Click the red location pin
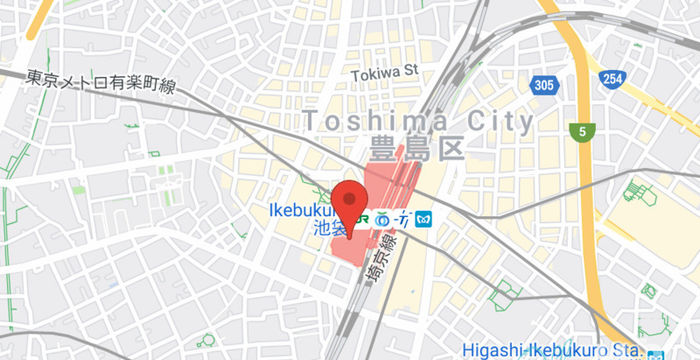[349, 204]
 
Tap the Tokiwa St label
[384, 72]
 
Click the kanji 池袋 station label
[331, 229]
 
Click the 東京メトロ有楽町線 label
[101, 81]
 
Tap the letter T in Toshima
[312, 122]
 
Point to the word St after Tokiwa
[408, 72]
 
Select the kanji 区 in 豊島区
[450, 151]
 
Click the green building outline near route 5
[639, 191]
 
